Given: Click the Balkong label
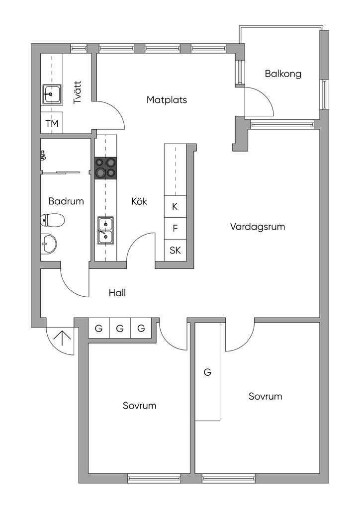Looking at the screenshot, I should click(283, 74).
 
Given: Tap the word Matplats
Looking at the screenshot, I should click(167, 100).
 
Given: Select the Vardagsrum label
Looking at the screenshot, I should click(257, 227).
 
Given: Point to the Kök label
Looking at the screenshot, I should click(140, 201).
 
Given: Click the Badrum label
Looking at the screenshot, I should click(66, 201).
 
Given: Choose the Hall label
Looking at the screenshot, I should click(117, 293).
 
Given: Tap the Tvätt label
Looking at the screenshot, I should click(78, 92).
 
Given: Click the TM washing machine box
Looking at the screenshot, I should click(52, 123).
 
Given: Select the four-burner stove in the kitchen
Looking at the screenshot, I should click(105, 168).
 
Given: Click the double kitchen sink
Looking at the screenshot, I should click(105, 230).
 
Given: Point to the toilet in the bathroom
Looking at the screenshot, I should click(53, 220).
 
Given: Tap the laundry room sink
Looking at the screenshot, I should click(52, 93).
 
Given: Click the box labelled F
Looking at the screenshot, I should click(175, 229).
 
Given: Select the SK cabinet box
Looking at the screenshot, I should click(175, 250).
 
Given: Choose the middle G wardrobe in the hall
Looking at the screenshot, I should click(120, 329).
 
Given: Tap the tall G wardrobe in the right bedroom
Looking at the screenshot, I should click(207, 372).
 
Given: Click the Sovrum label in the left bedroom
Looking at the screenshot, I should click(140, 406).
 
